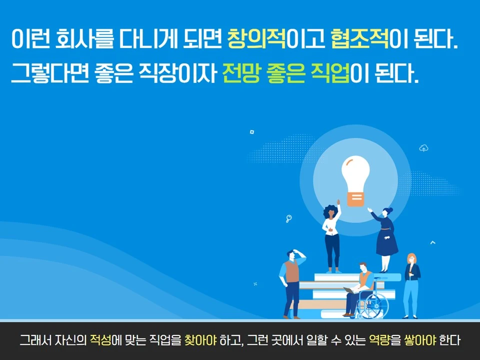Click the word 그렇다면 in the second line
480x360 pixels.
click(49, 73)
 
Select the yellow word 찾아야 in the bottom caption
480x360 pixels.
click(200, 340)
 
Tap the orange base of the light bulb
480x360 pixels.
click(355, 200)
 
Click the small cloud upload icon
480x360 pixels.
click(423, 148)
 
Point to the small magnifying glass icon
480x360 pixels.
click(289, 218)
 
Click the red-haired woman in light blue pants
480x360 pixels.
click(411, 285)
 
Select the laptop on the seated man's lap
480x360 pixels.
click(350, 289)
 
